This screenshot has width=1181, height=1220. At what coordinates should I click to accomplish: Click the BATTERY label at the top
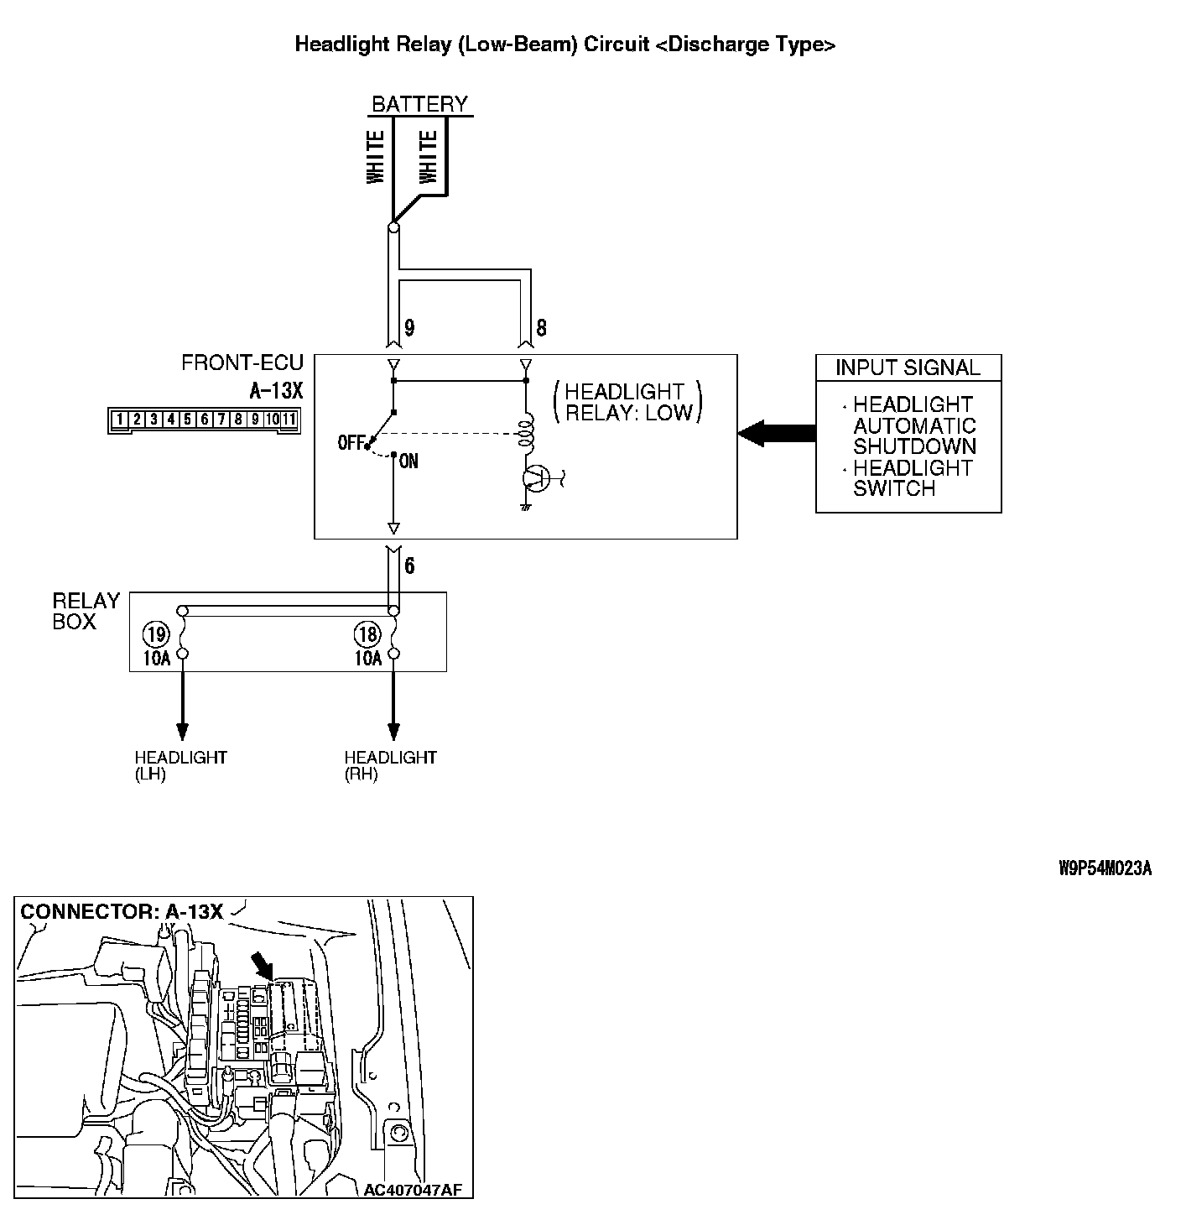[419, 104]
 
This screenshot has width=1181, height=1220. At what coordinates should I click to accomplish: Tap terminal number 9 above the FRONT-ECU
[409, 327]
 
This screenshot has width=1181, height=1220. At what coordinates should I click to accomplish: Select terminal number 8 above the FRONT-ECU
[541, 327]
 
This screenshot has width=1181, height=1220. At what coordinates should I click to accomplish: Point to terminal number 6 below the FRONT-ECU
[409, 566]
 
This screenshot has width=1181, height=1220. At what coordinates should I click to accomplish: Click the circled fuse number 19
[155, 633]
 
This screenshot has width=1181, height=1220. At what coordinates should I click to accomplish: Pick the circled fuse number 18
[367, 633]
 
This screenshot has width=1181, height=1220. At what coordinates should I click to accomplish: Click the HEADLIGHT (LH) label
[180, 765]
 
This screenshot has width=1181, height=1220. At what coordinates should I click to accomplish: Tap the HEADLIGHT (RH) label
[390, 765]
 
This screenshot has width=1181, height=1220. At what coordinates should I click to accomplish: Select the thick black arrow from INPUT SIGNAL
[777, 434]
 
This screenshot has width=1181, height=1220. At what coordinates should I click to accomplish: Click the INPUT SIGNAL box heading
[908, 368]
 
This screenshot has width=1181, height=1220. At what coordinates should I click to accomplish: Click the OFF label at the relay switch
[350, 442]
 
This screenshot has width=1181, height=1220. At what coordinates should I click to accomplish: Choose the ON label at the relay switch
[408, 461]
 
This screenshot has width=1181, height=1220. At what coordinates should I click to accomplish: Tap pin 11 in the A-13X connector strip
[289, 420]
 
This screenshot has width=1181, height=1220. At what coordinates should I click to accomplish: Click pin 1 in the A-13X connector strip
[121, 420]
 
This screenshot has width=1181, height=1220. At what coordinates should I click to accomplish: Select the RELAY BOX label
[86, 611]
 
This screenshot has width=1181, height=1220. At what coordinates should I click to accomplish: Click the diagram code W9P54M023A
[1105, 868]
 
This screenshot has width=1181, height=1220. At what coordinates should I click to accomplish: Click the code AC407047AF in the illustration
[413, 1189]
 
